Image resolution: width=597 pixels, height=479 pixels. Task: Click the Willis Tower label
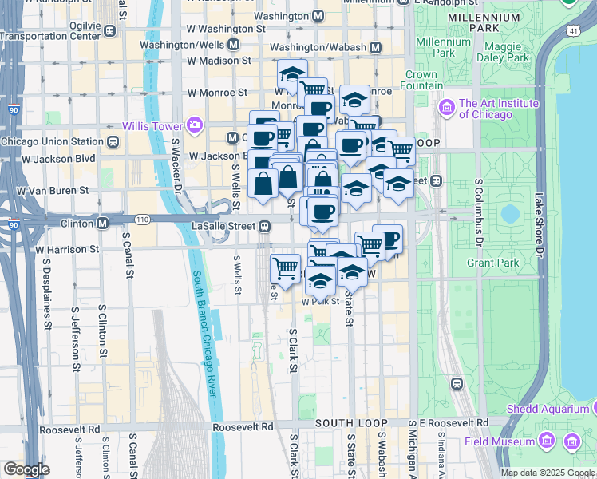[x=152, y=125]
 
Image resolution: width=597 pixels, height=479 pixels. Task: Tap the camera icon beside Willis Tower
[x=193, y=125]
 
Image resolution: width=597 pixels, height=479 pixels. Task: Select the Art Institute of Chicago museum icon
[x=446, y=106]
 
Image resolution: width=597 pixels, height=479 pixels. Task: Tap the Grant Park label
[x=493, y=263]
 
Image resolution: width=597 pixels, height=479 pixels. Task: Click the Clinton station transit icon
[x=103, y=223]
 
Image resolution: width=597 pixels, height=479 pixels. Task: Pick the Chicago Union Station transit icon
[x=113, y=142]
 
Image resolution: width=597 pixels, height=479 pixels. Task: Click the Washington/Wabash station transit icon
[x=374, y=47]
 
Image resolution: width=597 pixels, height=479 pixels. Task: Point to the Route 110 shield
[x=142, y=219]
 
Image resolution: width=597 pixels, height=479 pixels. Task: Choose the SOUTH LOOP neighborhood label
[x=351, y=423]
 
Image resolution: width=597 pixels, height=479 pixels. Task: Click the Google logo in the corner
[x=26, y=469]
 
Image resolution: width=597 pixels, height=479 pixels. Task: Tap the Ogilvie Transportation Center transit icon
[x=109, y=31]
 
